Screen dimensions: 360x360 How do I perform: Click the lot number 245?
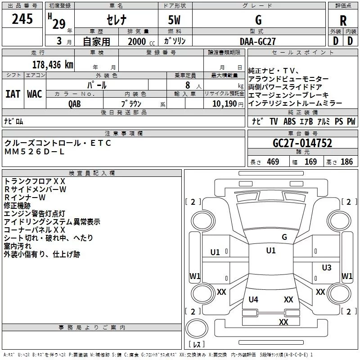point(22,19)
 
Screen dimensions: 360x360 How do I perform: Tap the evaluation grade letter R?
point(343,21)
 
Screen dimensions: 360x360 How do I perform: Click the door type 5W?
point(175,20)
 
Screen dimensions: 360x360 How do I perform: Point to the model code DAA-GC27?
point(258,41)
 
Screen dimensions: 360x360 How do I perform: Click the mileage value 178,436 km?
point(53,64)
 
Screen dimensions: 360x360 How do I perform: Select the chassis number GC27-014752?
point(302,143)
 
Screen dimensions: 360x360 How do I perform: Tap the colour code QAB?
point(75,103)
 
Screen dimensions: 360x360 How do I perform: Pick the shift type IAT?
point(13,94)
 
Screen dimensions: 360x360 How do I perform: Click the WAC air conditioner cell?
point(35,94)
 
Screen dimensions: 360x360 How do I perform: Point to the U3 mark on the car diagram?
point(327,268)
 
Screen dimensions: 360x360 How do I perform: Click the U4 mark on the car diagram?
point(253,299)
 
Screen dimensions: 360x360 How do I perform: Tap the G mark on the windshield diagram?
point(284,237)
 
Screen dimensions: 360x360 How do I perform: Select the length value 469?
point(273,162)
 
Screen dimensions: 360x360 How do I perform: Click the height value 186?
point(347,162)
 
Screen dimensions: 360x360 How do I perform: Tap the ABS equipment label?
point(289,121)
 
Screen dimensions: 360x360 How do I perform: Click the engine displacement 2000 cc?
point(140,41)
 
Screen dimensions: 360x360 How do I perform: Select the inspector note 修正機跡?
point(17,205)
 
